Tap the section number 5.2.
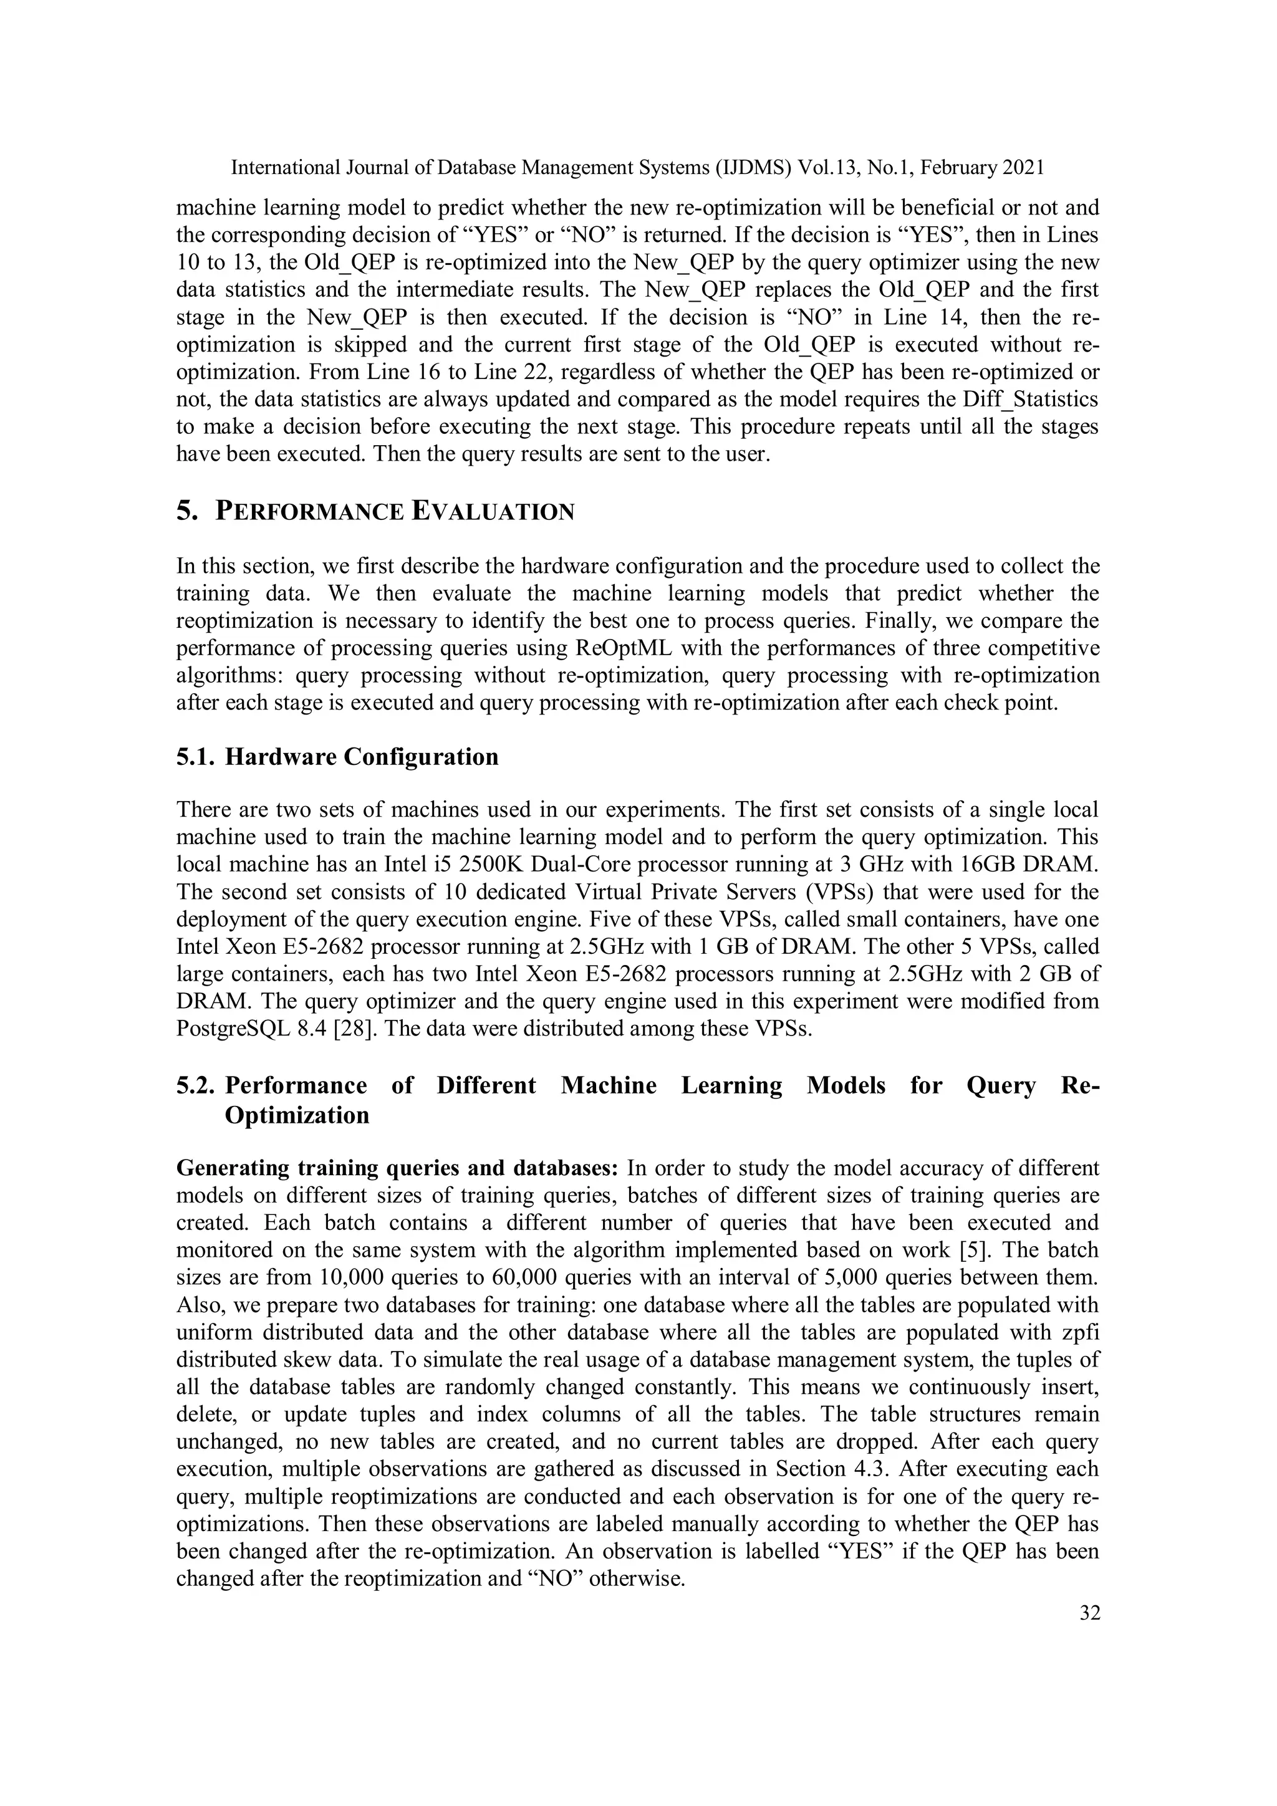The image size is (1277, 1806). pos(196,1085)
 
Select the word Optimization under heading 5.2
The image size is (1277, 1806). pos(297,1115)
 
